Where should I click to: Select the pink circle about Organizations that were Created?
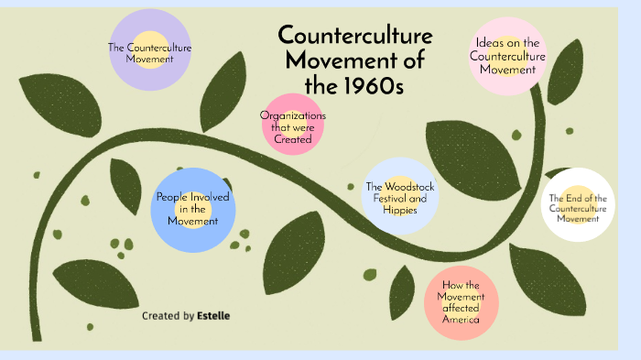[293, 126]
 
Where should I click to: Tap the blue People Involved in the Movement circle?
[193, 209]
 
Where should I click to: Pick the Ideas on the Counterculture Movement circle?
[507, 55]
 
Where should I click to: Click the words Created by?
[168, 316]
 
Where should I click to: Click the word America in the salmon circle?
[461, 319]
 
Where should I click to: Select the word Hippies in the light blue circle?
[399, 210]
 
